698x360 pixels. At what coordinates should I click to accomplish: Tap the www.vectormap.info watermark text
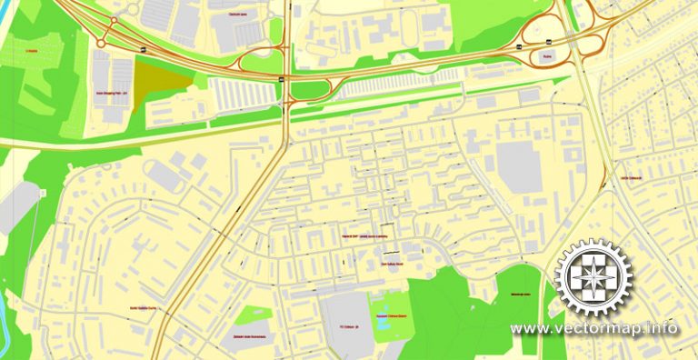pyautogui.click(x=593, y=328)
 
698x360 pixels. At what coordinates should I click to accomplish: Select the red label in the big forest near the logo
pyautogui.click(x=520, y=295)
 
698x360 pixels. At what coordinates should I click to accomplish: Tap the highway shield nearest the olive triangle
pyautogui.click(x=145, y=47)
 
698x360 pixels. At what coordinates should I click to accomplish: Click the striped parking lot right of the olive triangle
pyautogui.click(x=241, y=92)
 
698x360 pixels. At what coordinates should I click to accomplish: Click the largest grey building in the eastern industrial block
pyautogui.click(x=518, y=164)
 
